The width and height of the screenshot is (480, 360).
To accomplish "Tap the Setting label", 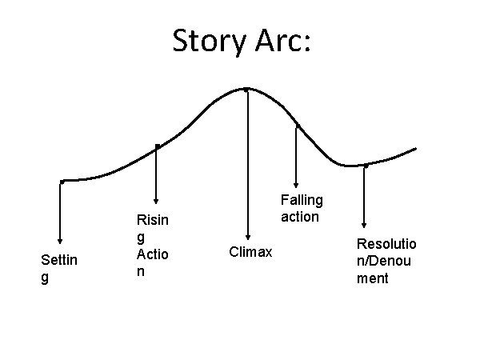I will coord(57,268).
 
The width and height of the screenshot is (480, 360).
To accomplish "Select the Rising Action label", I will coord(151,244).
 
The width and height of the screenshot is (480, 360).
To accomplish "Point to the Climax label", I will coord(250,253).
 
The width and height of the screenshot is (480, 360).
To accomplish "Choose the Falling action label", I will coord(301,208).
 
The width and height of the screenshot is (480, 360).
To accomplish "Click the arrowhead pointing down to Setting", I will coord(60,239).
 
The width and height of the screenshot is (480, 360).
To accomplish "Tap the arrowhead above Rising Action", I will coord(156,200).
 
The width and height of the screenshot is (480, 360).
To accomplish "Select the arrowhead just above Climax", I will coord(248,237).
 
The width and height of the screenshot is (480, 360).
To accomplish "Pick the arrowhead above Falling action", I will coord(297,185).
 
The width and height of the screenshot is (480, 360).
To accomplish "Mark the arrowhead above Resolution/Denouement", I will coord(365,225).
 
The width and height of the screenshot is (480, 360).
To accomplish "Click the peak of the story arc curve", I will coord(246,88).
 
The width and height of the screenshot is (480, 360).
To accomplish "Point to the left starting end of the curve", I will coord(62,182).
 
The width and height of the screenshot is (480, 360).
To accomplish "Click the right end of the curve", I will coord(415,149).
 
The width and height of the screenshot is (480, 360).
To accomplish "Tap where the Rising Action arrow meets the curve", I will coord(157,146).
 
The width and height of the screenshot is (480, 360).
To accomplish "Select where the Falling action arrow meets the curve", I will coord(297,126).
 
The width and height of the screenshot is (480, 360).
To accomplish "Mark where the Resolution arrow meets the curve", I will coord(365,166).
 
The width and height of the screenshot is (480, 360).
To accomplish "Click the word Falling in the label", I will coord(301,201).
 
